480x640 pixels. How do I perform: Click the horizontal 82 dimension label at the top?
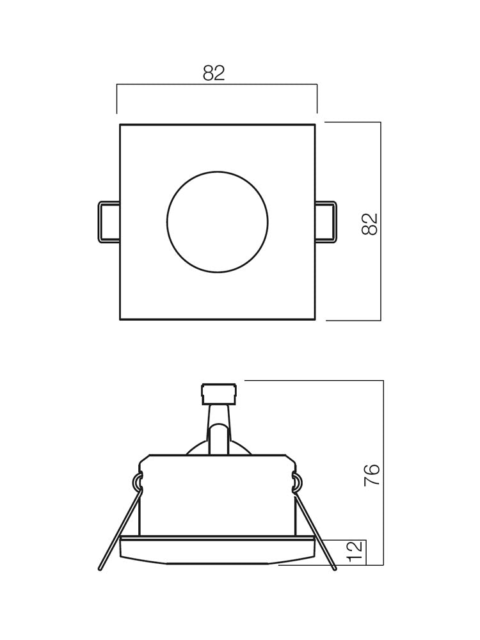[214, 74]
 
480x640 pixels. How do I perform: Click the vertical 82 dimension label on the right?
[370, 224]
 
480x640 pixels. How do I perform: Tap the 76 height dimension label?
[372, 475]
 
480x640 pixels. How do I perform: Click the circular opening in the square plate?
[218, 222]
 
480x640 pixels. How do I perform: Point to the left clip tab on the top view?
[108, 222]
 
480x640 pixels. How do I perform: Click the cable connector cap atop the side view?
[219, 394]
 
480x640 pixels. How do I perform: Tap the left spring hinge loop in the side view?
[137, 483]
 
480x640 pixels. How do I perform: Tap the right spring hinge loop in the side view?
[298, 483]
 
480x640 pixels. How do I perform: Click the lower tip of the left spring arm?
[100, 567]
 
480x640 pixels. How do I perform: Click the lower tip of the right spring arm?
[334, 567]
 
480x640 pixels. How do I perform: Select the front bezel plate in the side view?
[218, 550]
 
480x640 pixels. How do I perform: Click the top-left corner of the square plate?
[120, 125]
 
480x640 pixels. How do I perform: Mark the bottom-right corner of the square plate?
[314, 319]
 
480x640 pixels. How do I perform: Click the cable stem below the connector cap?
[218, 429]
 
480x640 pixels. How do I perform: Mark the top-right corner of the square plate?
[314, 125]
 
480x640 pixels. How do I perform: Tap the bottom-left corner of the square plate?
[120, 319]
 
